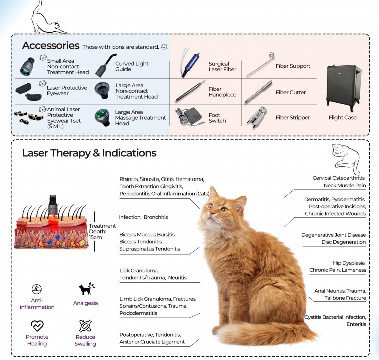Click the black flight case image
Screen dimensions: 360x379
344,88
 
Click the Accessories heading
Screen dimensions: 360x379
50,46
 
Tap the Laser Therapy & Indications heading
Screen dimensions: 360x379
89,153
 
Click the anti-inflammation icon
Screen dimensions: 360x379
36,289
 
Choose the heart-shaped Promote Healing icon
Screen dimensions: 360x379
37,325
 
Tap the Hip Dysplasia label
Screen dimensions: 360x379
348,263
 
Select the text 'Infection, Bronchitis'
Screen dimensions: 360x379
143,217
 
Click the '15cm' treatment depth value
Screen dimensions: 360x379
96,237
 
